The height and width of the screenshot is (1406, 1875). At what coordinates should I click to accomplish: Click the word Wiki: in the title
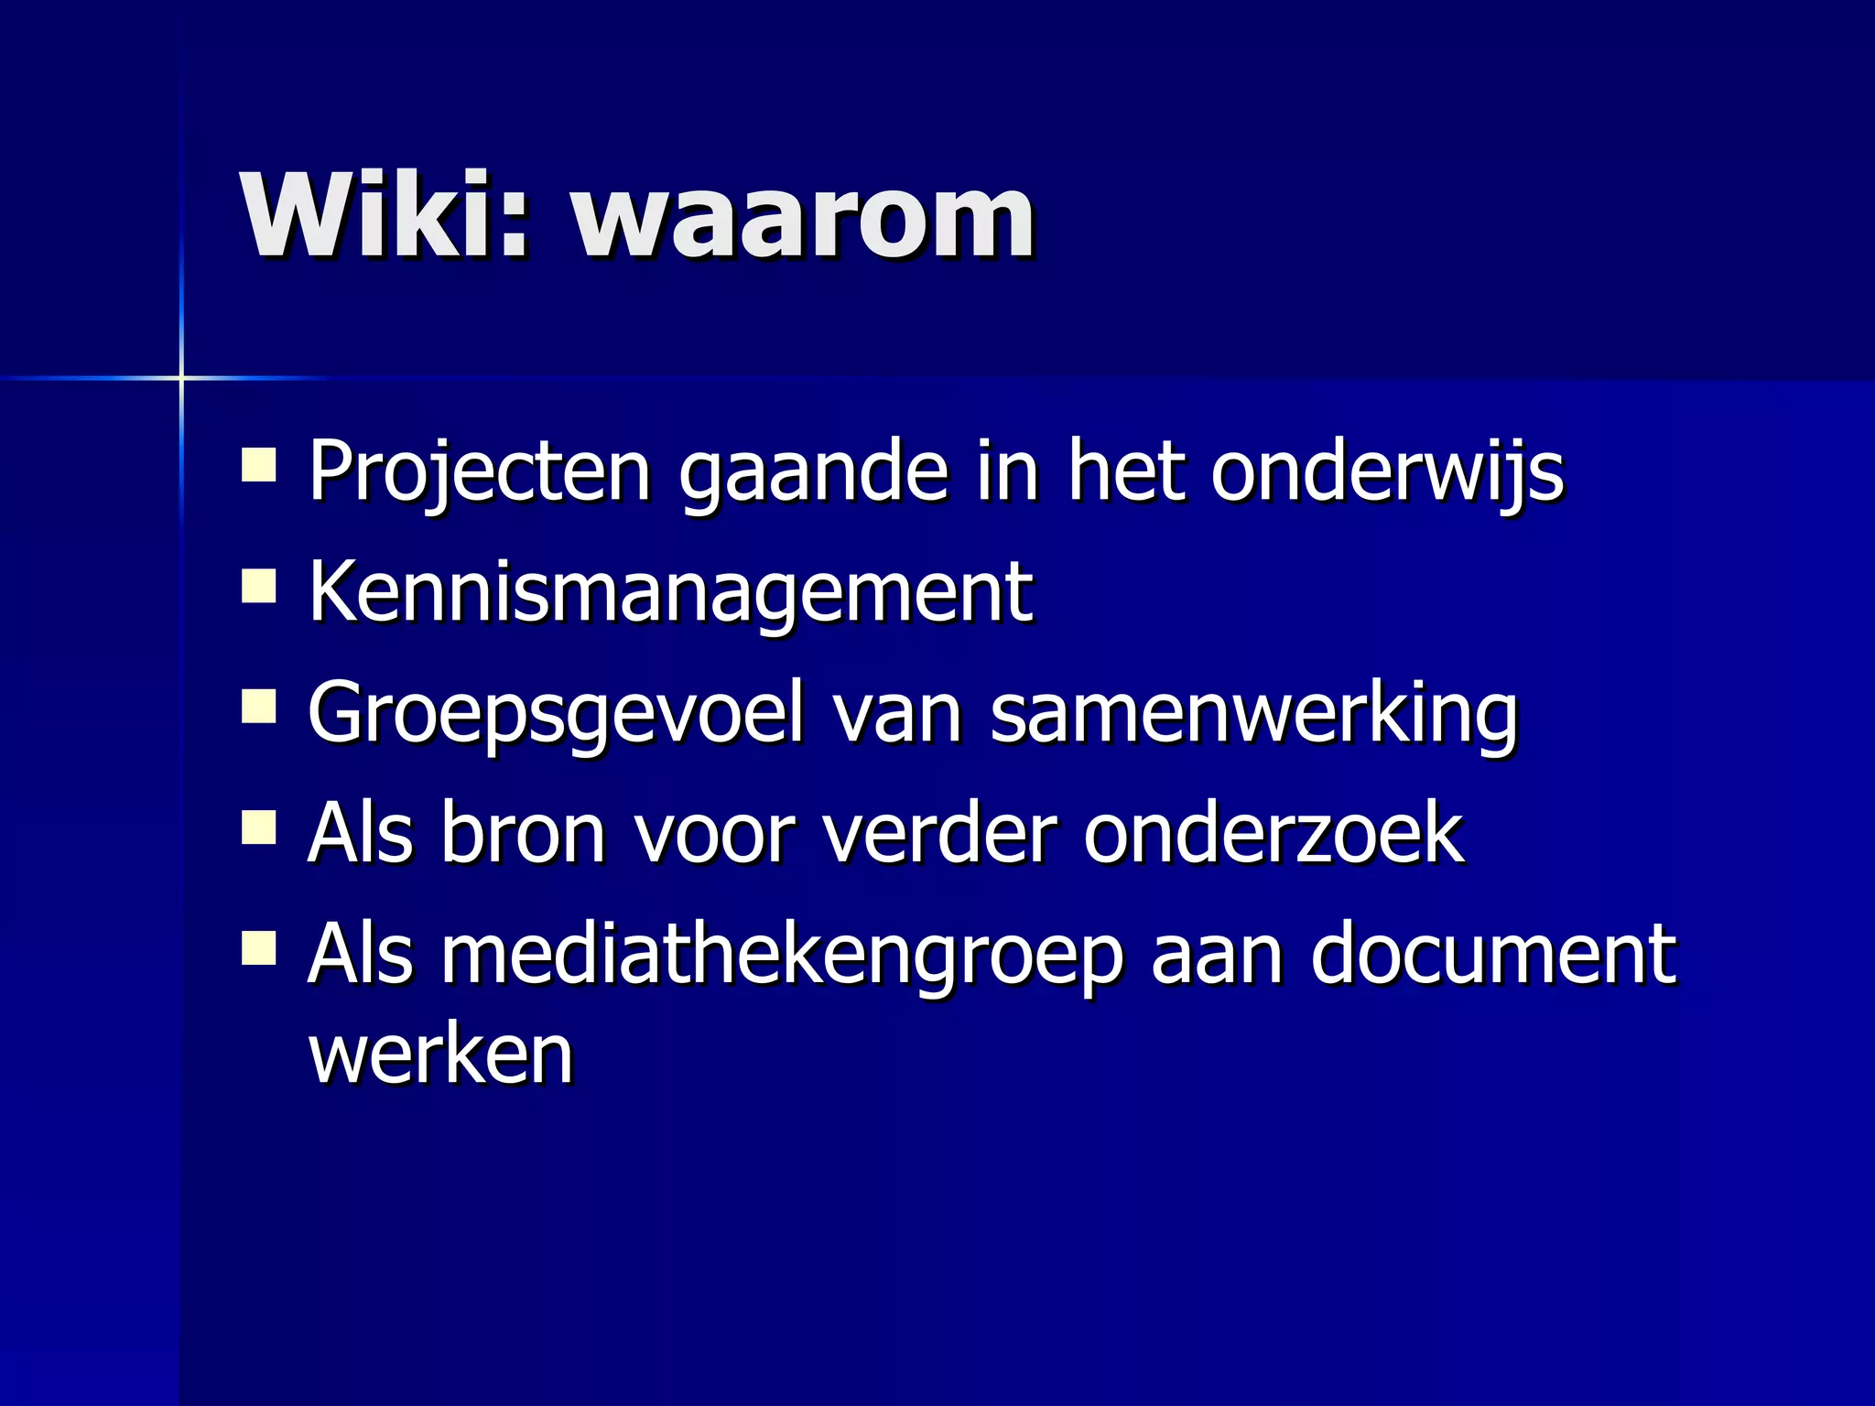click(385, 218)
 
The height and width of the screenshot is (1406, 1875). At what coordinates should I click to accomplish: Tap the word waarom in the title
click(804, 220)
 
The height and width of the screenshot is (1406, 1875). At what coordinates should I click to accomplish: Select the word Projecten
click(480, 471)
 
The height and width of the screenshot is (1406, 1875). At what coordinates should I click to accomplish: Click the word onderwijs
click(1388, 471)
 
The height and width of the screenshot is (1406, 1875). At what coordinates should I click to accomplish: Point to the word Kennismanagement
click(671, 592)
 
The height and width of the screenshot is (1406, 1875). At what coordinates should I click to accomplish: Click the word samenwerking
click(1254, 714)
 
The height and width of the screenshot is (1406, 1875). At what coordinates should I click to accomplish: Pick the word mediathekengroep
click(783, 955)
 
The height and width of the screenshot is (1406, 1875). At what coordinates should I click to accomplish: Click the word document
click(1493, 955)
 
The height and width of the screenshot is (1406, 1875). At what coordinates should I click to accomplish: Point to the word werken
click(441, 1054)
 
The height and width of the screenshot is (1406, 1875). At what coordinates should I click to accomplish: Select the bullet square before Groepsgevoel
click(259, 707)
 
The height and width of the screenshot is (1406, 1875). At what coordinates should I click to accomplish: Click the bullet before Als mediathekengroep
click(259, 948)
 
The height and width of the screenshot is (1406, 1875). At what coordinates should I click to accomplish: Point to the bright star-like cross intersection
click(181, 377)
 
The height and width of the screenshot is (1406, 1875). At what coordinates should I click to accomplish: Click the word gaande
click(814, 473)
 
